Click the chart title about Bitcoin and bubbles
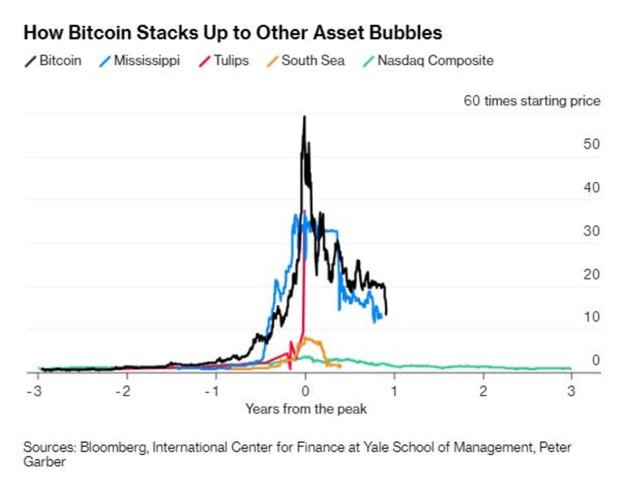point(232,33)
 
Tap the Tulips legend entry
point(225,61)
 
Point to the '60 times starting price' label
point(531,102)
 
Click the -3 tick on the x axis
point(37,391)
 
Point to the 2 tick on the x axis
point(483,391)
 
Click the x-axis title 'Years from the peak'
point(305,409)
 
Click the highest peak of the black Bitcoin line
point(304,116)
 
